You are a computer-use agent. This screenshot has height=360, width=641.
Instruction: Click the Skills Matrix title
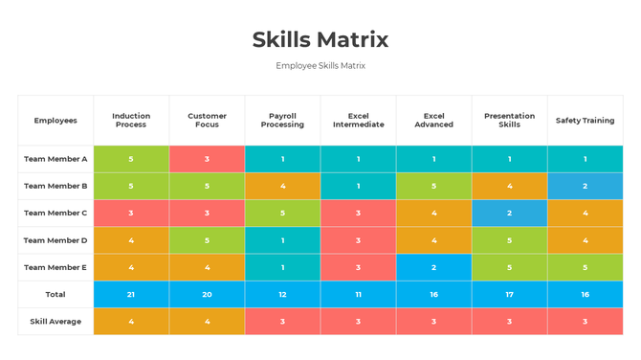(320, 39)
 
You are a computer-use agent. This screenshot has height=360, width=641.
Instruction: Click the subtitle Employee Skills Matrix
(320, 66)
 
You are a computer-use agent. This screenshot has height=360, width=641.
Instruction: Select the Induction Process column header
(131, 121)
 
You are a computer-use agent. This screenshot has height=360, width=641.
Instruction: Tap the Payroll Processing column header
(282, 121)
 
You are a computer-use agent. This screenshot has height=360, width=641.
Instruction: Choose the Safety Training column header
(585, 121)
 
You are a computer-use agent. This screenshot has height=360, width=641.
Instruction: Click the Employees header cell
(55, 121)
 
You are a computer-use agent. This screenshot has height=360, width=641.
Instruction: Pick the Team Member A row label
(55, 159)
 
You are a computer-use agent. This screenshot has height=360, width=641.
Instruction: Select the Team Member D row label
(55, 240)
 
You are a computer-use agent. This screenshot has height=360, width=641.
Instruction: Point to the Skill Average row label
(55, 322)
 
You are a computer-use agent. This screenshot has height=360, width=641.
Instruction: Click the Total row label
(55, 294)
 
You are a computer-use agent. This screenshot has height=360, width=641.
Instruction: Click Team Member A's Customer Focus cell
(207, 159)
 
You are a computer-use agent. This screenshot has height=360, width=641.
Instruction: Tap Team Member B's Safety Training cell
(585, 186)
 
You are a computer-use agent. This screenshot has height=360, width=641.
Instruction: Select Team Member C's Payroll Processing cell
(282, 214)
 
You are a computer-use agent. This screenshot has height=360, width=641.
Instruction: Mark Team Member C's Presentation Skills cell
(509, 214)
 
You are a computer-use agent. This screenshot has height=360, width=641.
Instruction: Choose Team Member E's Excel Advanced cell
(433, 267)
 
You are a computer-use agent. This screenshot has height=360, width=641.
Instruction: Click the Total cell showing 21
(131, 294)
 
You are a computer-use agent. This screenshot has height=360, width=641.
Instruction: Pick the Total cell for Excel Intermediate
(358, 294)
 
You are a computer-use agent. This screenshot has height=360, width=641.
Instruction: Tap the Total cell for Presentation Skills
(509, 294)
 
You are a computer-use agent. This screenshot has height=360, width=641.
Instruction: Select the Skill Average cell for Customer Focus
(207, 322)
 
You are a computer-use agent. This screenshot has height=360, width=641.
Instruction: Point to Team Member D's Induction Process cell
(131, 240)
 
